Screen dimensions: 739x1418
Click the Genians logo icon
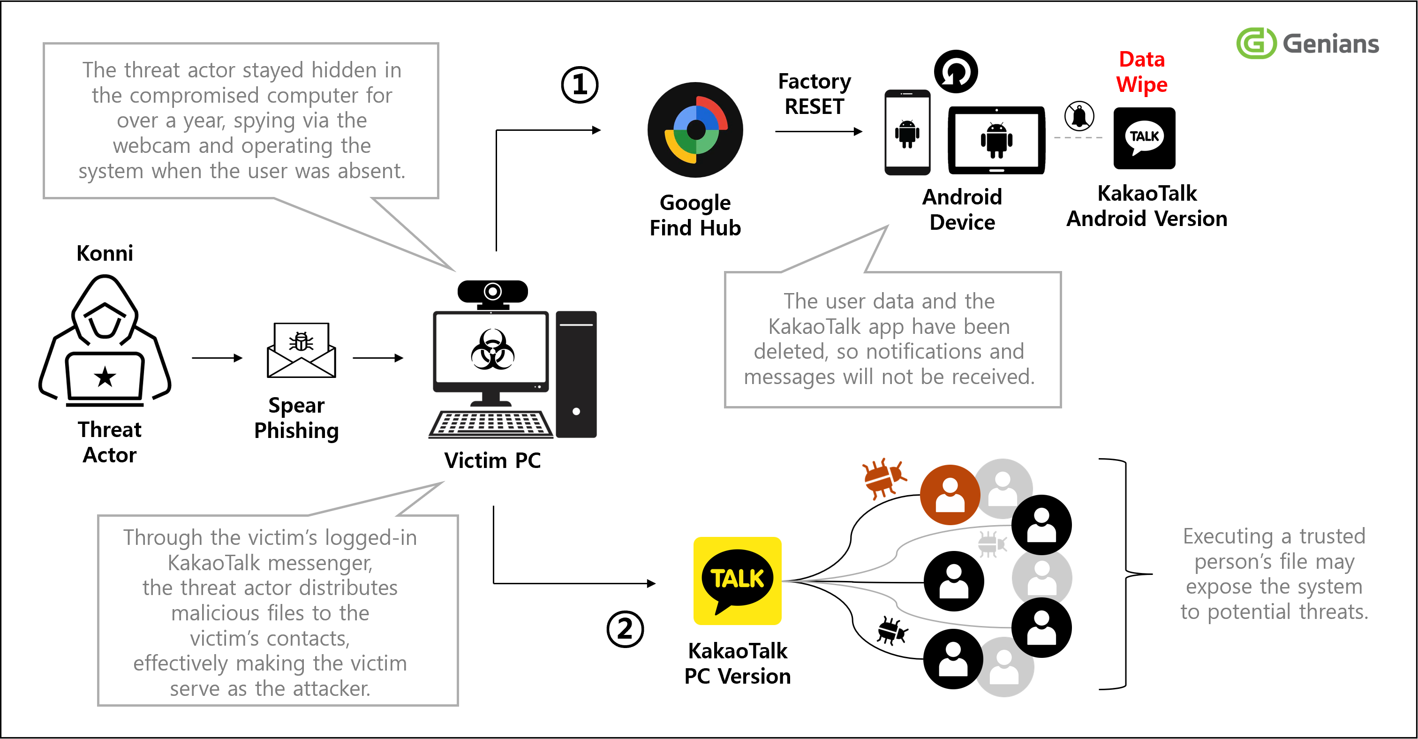1256,43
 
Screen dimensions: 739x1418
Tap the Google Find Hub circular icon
695,130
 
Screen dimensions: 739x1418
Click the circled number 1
579,85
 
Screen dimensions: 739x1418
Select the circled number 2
625,628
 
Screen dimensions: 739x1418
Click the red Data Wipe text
1142,72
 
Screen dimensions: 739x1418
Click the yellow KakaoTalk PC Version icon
737,580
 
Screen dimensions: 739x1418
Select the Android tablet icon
996,140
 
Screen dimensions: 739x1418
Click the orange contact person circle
950,494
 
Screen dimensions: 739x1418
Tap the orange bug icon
882,477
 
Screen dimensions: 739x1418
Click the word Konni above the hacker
105,253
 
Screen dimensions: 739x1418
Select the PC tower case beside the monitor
576,374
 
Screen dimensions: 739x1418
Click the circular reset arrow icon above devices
956,72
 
